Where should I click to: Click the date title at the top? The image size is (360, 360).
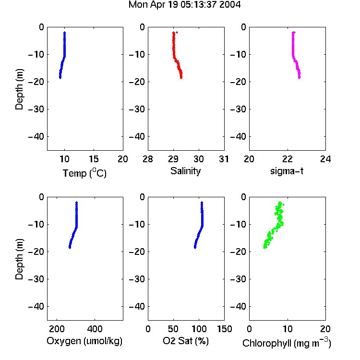click(184, 5)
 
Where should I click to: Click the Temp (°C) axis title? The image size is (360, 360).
click(84, 173)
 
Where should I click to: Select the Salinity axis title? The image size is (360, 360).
click(185, 171)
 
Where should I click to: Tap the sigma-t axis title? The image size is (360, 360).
click(287, 171)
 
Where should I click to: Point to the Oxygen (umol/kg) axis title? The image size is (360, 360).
click(84, 341)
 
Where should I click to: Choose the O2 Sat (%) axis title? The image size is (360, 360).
click(186, 341)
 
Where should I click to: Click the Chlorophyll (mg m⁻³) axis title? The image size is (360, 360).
click(287, 343)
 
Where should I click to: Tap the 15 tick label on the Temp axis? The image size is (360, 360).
click(94, 159)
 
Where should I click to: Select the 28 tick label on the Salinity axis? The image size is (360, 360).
click(148, 159)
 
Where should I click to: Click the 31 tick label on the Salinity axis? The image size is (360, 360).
click(224, 159)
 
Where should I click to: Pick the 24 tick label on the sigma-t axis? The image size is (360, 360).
click(325, 159)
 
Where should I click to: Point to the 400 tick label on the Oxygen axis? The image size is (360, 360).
click(95, 329)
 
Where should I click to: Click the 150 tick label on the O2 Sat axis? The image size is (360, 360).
click(224, 329)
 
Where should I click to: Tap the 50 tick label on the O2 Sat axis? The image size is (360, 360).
click(173, 329)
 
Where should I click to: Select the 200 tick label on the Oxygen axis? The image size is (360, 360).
click(57, 329)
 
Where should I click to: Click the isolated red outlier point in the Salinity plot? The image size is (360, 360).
click(177, 32)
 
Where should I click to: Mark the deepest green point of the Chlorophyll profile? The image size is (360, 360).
click(264, 247)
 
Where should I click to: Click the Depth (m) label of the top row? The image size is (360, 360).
click(19, 89)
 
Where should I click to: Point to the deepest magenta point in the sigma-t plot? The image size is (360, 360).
click(300, 78)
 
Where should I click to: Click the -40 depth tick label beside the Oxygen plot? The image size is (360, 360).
click(36, 306)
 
